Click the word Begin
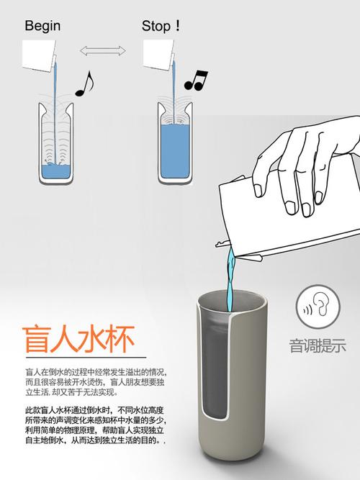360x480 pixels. pos(42,26)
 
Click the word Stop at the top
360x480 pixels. pos(156,26)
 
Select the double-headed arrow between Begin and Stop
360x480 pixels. pos(103,51)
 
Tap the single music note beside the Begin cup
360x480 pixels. pos(84,83)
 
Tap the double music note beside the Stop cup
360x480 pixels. pos(196,81)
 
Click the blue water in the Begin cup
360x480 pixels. pos(56,172)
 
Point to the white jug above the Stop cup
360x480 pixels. pos(158,55)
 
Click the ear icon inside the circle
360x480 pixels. pos(322,305)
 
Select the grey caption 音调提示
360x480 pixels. pos(318,346)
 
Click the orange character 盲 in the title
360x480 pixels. pos(36,339)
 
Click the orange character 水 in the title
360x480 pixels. pos(93,339)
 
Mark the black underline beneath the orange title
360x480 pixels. pos(86,357)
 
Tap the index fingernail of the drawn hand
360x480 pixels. pos(258,191)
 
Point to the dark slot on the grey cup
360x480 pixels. pos(215,366)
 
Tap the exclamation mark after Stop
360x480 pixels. pos(177,26)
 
